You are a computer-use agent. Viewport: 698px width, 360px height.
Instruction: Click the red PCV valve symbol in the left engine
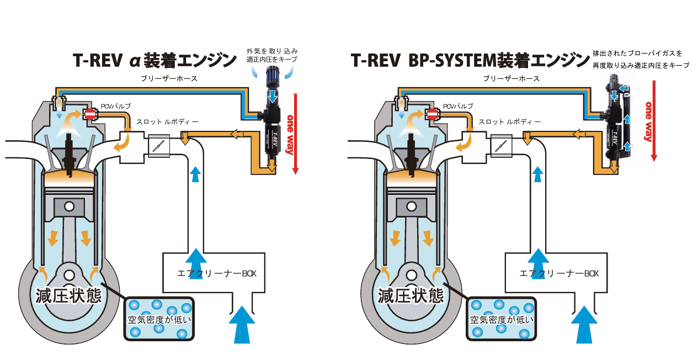90,114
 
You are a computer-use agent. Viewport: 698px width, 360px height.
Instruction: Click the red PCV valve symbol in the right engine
433,114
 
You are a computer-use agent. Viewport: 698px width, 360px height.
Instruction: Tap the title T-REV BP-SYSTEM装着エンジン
470,60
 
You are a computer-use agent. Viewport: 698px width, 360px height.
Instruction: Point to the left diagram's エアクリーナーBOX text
217,273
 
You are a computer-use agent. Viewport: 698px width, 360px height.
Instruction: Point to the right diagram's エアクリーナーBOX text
559,273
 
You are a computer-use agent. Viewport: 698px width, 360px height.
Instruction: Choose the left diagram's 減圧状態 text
69,296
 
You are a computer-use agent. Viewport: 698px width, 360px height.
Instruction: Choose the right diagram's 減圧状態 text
412,296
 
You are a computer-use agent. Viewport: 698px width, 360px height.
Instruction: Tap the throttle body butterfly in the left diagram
159,146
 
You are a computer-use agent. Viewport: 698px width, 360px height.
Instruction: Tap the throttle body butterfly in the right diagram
501,146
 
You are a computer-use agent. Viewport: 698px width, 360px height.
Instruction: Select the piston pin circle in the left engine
69,207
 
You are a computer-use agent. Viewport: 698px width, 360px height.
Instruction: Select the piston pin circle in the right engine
411,207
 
